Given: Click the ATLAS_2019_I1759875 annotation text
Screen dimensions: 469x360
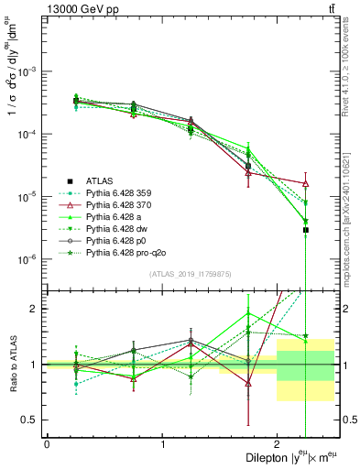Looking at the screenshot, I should click(x=190, y=273).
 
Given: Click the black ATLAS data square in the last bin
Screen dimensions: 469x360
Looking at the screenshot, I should click(x=305, y=230).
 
